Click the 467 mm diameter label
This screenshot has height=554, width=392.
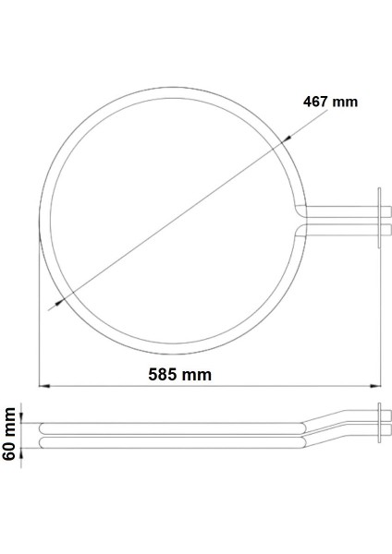click(329, 102)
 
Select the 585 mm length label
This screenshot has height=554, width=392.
click(181, 374)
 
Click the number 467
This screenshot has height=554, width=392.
click(316, 102)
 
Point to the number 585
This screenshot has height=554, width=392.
click(165, 374)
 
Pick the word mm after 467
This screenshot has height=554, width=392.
click(345, 102)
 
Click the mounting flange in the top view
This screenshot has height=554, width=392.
click(378, 218)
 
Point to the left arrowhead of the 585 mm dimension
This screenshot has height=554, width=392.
click(43, 385)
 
